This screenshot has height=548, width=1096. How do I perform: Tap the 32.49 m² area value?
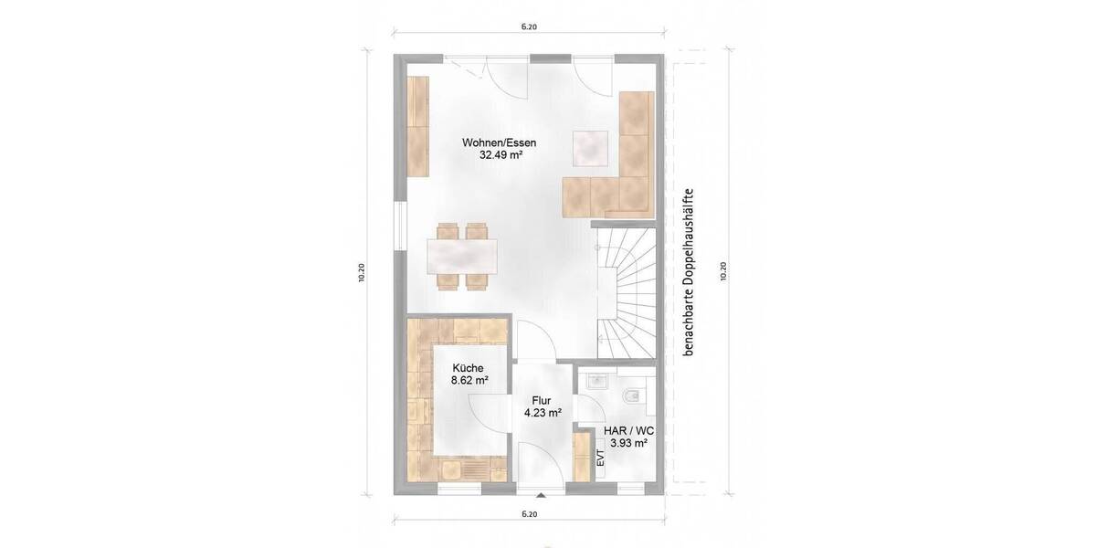(499, 155)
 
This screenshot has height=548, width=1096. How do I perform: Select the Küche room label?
(468, 368)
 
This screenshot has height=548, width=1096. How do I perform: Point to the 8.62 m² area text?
(469, 381)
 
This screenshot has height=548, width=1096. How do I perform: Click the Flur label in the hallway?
(542, 400)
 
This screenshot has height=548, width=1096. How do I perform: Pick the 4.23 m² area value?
(542, 413)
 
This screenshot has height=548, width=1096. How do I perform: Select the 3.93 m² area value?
(628, 443)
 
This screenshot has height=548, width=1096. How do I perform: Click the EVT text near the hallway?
(600, 458)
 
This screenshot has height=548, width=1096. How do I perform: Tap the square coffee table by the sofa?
(591, 147)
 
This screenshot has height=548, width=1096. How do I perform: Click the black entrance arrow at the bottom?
(542, 497)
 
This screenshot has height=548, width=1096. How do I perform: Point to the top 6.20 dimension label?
(529, 27)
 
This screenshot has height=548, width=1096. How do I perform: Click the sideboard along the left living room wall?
(418, 127)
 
